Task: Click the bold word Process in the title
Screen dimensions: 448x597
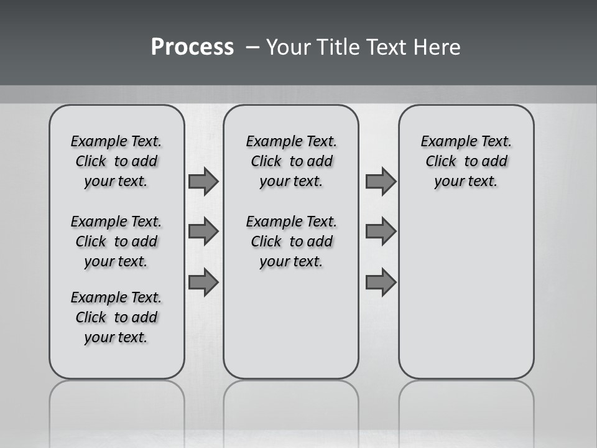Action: click(192, 47)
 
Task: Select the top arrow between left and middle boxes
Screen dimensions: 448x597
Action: click(203, 182)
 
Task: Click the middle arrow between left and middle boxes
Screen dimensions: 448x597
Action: click(203, 231)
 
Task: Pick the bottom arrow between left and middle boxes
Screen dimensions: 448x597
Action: click(203, 282)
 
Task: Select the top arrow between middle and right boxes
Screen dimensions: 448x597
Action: click(381, 182)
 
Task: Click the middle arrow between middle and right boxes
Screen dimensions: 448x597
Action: click(381, 231)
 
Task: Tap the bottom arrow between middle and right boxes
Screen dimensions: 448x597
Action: click(381, 282)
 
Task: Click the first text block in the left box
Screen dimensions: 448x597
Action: click(116, 161)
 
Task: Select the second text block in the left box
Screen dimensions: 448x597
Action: click(116, 241)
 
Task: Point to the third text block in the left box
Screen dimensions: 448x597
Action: click(116, 317)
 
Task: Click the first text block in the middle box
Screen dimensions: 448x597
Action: click(292, 161)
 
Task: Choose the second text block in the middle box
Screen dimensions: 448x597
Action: click(292, 241)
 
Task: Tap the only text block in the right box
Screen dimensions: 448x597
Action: click(466, 161)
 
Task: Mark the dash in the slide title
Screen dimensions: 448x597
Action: click(252, 47)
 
